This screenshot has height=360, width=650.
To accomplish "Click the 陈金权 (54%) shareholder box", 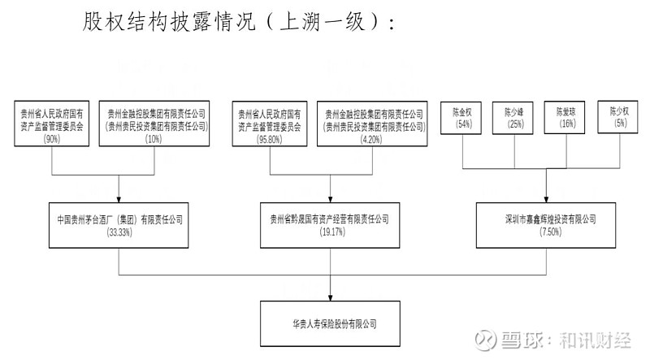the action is pyautogui.click(x=461, y=118).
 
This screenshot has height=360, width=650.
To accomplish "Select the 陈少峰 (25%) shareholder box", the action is pyautogui.click(x=513, y=118).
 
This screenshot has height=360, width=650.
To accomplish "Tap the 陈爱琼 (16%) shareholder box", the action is pyautogui.click(x=565, y=117).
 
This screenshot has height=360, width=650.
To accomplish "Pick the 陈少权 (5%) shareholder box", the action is pyautogui.click(x=617, y=117).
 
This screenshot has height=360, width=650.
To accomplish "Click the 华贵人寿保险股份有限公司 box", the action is pyautogui.click(x=331, y=323).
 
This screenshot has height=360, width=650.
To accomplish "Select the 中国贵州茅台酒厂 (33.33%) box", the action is pyautogui.click(x=119, y=225).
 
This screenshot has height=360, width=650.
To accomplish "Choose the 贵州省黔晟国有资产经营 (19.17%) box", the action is pyautogui.click(x=330, y=225).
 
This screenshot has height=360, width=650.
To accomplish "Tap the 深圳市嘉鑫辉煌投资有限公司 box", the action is pyautogui.click(x=546, y=225).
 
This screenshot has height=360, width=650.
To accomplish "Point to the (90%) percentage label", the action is pyautogui.click(x=52, y=139).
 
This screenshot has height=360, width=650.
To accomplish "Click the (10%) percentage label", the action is pyautogui.click(x=154, y=139).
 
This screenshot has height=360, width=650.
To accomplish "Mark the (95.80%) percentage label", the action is pyautogui.click(x=270, y=139).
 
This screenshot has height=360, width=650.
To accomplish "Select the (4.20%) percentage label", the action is pyautogui.click(x=372, y=139).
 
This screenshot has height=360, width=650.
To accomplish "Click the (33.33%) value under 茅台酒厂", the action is pyautogui.click(x=119, y=232).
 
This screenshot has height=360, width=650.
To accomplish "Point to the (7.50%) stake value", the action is pyautogui.click(x=551, y=232).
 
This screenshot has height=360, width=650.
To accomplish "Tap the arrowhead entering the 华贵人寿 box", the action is pyautogui.click(x=331, y=297).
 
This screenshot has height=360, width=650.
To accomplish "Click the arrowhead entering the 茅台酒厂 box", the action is pyautogui.click(x=119, y=199).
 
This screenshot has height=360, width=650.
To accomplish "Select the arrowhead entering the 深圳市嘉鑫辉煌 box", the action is pyautogui.click(x=546, y=199).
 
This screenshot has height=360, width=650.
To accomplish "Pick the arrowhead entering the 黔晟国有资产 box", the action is pyautogui.click(x=331, y=199).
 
